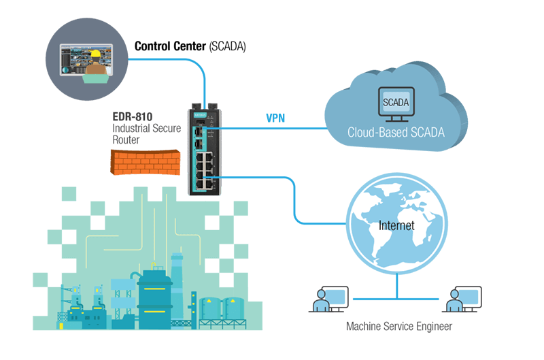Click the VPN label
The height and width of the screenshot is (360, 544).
click(x=275, y=118)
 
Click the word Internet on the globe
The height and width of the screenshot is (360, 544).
click(x=396, y=225)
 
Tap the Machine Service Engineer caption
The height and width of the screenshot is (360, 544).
click(x=398, y=327)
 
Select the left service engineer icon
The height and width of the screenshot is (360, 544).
click(x=325, y=299)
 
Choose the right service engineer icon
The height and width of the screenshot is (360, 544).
click(x=462, y=299)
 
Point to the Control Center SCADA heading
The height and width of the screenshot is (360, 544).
click(x=190, y=46)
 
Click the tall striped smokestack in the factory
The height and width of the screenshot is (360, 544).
click(x=178, y=279)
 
